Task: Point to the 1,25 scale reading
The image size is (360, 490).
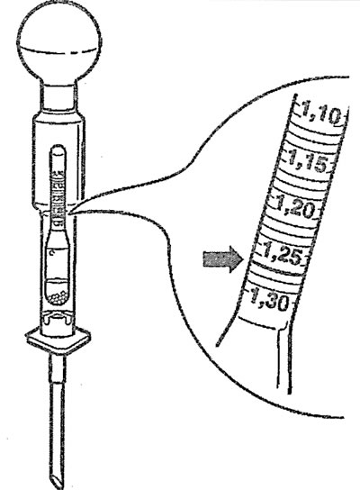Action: click(283, 255)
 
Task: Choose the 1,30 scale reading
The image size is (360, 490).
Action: click(269, 300)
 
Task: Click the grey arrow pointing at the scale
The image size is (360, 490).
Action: click(223, 259)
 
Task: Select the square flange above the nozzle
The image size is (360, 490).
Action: click(58, 341)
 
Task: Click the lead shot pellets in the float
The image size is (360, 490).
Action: click(58, 298)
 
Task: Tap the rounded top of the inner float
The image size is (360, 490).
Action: click(58, 150)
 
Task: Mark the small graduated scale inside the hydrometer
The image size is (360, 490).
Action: click(58, 199)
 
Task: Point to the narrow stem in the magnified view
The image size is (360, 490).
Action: click(283, 359)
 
